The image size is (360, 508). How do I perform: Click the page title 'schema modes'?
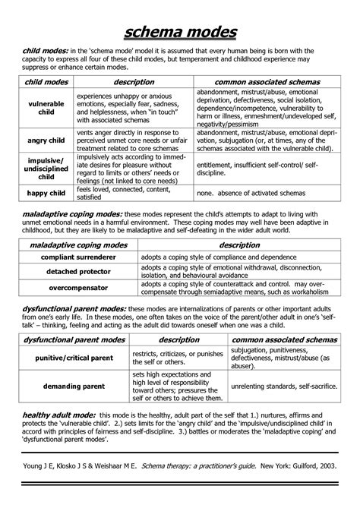point(180,30)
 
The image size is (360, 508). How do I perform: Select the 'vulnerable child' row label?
point(46,107)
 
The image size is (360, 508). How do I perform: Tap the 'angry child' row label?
point(46,139)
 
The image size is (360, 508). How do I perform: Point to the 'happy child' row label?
point(46,194)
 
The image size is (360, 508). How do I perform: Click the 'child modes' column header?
point(46,81)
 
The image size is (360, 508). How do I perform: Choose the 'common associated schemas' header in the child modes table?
point(267,81)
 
